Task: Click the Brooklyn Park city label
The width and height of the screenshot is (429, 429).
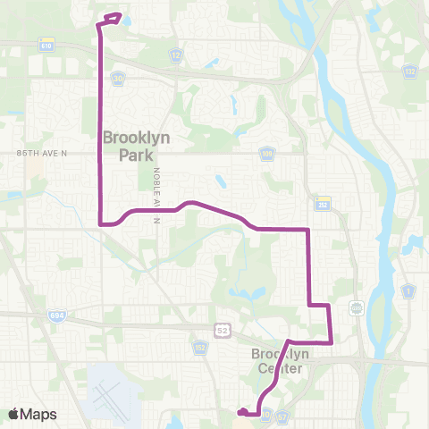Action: point(137,147)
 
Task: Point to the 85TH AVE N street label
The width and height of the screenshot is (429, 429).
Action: point(42,154)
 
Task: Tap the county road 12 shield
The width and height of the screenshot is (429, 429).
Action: point(176,55)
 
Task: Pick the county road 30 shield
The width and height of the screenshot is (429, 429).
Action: point(119,79)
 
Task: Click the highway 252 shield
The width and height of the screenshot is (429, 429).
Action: point(323,203)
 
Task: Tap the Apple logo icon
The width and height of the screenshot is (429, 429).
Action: point(13,414)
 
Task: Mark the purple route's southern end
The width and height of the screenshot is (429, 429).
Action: point(241,412)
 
